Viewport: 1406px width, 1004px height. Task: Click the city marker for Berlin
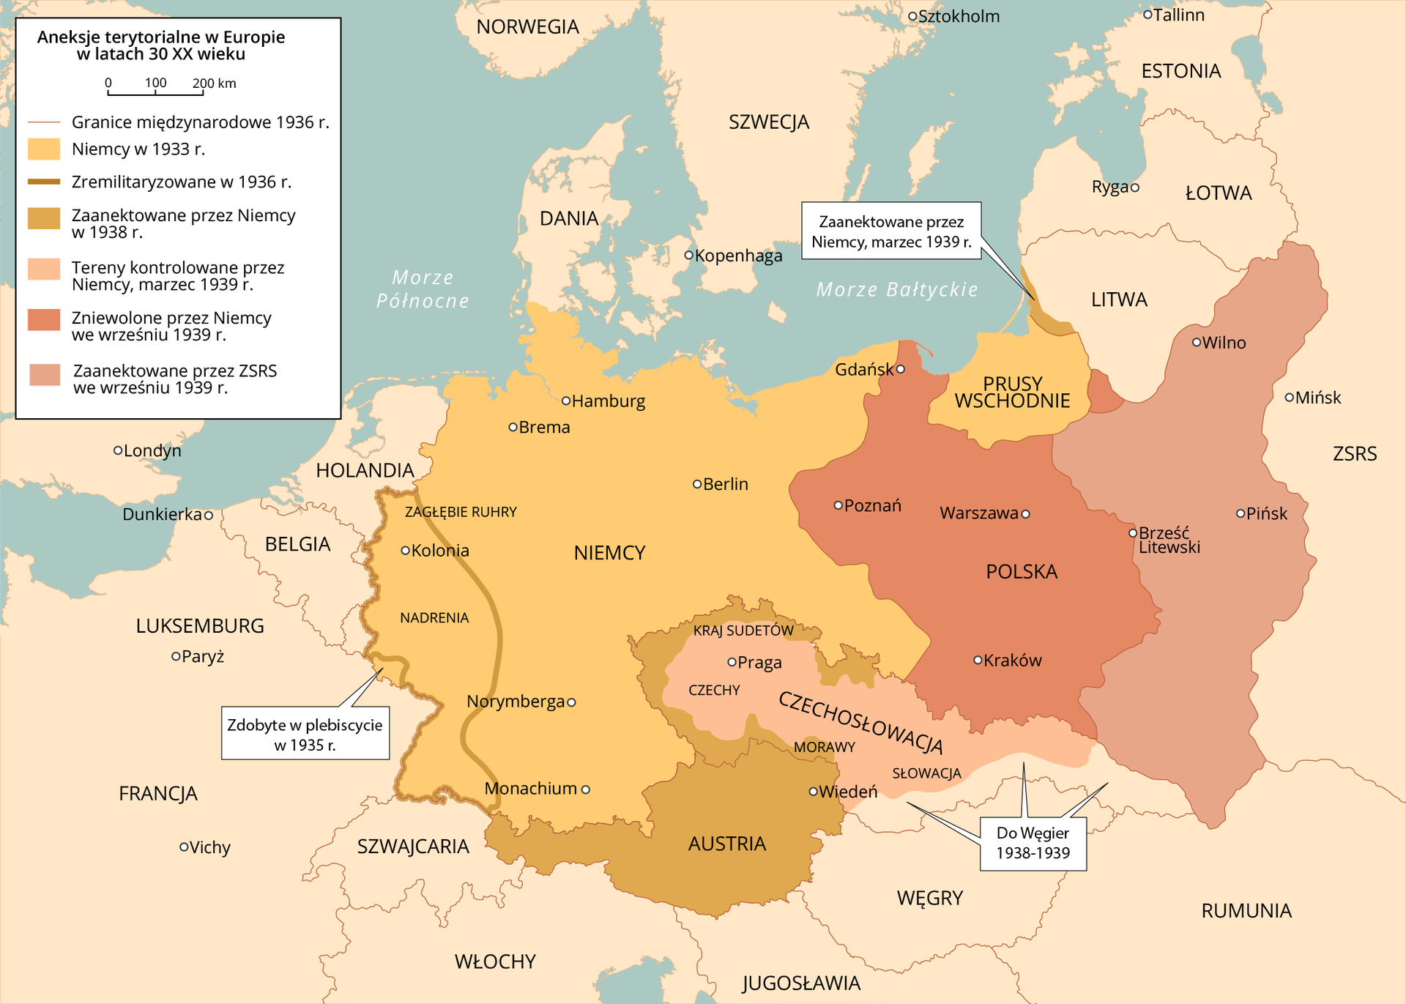click(697, 484)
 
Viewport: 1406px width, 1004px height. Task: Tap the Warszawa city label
click(979, 513)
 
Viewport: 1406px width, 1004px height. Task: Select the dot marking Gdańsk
click(901, 369)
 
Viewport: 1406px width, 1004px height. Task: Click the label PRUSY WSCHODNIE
click(1012, 393)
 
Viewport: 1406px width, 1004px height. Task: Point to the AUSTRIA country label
click(726, 844)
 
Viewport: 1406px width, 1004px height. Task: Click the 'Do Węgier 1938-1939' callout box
click(1033, 843)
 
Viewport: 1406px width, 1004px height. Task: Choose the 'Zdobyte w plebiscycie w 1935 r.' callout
click(305, 735)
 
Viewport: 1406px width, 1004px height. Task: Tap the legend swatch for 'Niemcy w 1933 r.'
click(44, 149)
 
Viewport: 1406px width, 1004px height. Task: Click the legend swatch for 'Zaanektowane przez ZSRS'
click(45, 374)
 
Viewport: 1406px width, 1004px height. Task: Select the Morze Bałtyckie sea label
click(897, 290)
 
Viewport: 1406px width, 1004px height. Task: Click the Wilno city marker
click(1197, 342)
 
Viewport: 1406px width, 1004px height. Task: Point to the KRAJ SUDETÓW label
click(743, 631)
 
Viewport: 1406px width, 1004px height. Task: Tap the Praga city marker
click(732, 662)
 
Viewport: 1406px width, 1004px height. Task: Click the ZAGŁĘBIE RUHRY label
click(461, 512)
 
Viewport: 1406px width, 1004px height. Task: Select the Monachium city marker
click(585, 789)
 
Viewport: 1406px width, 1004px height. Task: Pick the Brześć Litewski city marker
click(1133, 532)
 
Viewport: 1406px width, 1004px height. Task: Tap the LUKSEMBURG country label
click(200, 626)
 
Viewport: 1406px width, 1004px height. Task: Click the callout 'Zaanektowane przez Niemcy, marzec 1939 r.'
click(891, 231)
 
